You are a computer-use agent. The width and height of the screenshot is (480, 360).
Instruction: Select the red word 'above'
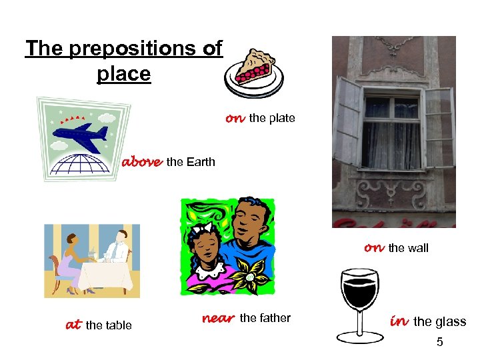141,161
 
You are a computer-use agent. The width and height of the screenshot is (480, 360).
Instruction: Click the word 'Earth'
200,161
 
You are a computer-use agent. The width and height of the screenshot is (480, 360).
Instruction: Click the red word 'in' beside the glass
399,321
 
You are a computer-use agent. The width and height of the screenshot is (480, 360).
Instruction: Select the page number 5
439,343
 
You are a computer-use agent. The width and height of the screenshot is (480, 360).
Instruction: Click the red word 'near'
217,318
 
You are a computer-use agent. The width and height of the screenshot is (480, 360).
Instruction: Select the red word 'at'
73,325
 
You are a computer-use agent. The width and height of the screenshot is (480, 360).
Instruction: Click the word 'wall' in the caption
417,248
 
